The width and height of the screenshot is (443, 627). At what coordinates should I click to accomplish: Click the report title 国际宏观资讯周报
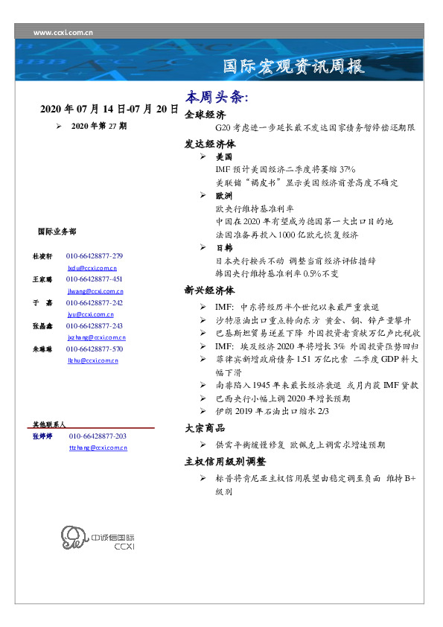point(295,68)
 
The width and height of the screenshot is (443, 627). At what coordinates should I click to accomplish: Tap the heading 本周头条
point(217,98)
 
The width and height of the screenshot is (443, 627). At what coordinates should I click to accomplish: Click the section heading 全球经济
point(205,115)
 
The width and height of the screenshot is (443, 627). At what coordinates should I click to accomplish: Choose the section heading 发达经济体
point(210,144)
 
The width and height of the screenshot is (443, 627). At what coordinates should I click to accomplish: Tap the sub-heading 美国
point(223,158)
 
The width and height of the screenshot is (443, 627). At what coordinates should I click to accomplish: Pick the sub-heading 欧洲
point(223,195)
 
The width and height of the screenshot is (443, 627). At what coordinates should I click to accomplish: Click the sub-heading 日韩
point(223,247)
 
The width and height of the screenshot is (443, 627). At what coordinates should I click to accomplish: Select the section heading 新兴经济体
point(210,290)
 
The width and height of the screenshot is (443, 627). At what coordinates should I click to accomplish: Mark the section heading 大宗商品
point(205,428)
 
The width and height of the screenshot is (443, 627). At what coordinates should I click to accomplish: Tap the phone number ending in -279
point(95,256)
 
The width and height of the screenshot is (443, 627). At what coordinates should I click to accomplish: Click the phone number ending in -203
point(98,436)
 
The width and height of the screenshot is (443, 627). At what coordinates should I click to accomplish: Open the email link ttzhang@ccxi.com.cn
point(98,448)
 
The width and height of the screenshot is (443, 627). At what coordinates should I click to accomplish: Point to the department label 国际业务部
point(56,232)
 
